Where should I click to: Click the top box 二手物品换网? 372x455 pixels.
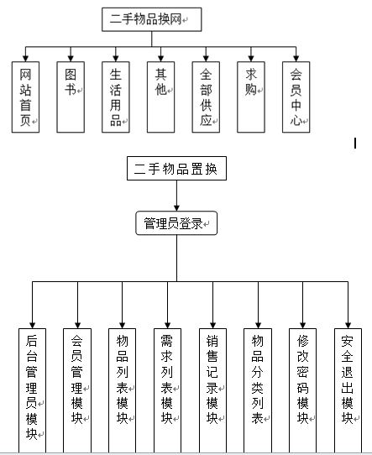151,19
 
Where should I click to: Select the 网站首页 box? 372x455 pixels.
25,97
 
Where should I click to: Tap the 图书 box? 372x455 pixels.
71,97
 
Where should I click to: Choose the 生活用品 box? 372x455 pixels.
116,97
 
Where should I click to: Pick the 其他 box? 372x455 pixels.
160,97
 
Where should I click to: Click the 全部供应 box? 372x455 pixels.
206,97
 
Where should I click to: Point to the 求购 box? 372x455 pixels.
251,97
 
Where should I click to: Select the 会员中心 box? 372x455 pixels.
296,97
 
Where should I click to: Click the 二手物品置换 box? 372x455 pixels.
176,168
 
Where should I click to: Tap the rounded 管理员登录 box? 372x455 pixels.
176,222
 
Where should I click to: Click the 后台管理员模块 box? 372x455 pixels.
32,390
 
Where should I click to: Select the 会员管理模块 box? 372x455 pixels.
77,390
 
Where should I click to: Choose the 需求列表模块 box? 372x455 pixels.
167,390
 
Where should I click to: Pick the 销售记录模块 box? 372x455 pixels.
212,390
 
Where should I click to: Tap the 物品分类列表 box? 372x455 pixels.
258,390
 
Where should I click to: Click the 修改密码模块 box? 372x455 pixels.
302,390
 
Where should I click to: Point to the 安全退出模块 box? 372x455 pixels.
348,390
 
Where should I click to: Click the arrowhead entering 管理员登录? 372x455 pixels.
176,208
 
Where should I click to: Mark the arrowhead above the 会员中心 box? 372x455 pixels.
296,58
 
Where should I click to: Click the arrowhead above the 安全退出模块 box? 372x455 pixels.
348,325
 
